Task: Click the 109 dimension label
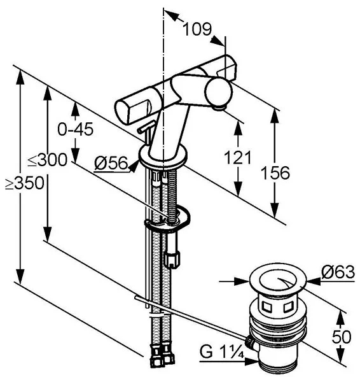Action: pos(197,29)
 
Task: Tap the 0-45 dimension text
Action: pos(76,129)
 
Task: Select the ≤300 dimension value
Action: pos(47,160)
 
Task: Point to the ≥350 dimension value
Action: pos(25,183)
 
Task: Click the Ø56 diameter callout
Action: pos(111,163)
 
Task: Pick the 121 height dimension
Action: pos(237,158)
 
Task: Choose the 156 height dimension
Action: pos(275,173)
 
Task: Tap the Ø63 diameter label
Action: pos(338,272)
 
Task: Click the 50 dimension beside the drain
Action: pos(342,337)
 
